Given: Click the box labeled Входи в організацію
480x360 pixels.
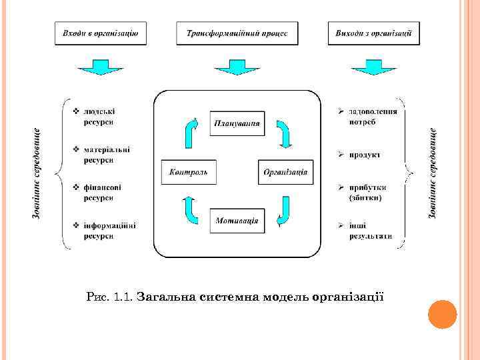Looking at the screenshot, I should point(101,33).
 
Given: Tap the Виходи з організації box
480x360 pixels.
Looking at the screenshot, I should point(374,33).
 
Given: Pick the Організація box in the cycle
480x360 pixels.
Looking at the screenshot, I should point(285,172).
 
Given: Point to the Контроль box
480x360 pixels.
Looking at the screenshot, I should point(189,172).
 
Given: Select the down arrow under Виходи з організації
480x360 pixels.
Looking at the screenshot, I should point(368,67).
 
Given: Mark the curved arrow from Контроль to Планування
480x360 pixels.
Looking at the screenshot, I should point(191,132).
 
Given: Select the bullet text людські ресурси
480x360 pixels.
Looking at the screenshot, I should point(98,117).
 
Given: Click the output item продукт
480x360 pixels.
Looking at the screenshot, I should point(364,155).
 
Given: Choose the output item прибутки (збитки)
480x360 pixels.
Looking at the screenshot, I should point(366,192).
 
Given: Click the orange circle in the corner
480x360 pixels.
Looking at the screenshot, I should point(441,314).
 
